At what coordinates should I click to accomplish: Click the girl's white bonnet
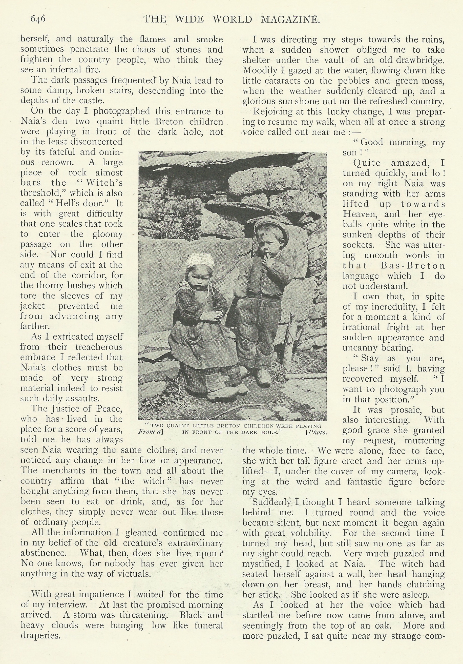(x=200, y=261)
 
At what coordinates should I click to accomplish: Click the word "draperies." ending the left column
(x=40, y=636)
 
